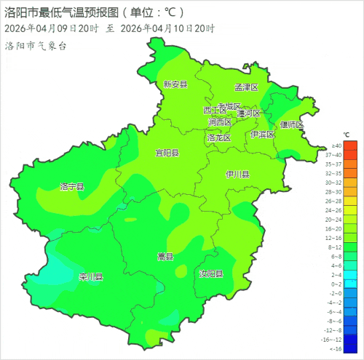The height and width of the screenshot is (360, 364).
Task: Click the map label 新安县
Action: [x=175, y=84]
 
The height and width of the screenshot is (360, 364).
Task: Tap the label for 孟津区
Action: [x=247, y=87]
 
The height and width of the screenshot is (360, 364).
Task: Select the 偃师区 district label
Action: [x=292, y=124]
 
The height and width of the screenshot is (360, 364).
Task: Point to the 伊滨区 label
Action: [x=262, y=135]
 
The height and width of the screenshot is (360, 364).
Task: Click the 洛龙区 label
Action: [x=218, y=137]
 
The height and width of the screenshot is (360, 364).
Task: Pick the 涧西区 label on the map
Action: [x=219, y=122]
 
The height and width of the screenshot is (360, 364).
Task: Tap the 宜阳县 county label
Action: [x=167, y=153]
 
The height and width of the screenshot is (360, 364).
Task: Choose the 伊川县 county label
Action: [x=237, y=175]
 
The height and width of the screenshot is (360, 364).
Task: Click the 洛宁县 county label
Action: [x=72, y=187]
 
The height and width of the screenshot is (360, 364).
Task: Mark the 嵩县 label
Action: [x=165, y=257]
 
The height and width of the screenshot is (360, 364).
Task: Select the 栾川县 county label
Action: [x=91, y=277]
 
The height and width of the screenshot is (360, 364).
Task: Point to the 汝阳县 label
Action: [x=211, y=274]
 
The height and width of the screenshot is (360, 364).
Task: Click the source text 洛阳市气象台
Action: [x=36, y=46]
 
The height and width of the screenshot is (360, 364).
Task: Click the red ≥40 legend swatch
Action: [x=350, y=145]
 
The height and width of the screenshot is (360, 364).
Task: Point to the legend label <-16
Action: [x=336, y=348]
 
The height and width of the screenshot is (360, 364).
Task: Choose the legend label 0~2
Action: [x=336, y=284]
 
